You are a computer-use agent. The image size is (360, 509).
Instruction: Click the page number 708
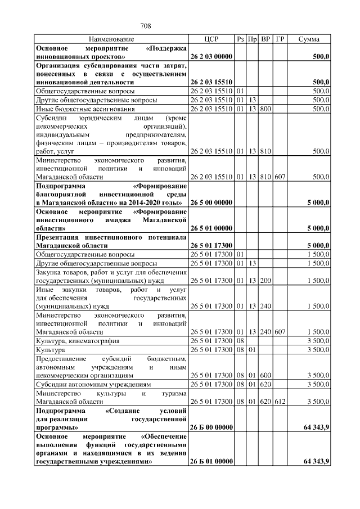tap(146, 26)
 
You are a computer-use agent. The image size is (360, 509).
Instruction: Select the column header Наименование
tap(111, 39)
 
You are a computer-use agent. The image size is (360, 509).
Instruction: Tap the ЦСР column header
tap(211, 39)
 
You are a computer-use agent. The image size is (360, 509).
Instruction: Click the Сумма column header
tap(309, 39)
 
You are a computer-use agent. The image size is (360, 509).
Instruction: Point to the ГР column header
tap(280, 39)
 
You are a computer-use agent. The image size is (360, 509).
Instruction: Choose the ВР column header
tap(266, 39)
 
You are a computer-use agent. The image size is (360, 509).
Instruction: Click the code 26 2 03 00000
tap(211, 57)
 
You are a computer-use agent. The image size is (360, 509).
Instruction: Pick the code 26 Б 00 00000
tap(211, 427)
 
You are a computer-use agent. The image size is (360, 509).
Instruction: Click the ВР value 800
tap(266, 109)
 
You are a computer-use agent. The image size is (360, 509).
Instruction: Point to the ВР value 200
tap(266, 280)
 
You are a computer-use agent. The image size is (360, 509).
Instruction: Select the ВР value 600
tap(266, 375)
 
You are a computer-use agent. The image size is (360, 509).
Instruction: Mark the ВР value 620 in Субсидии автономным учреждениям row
tap(266, 384)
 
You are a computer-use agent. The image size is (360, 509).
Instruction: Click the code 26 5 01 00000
tap(211, 228)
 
